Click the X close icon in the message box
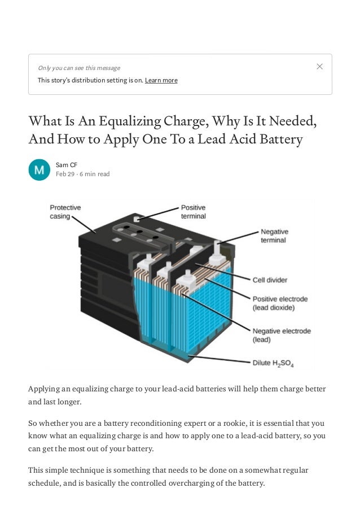pos(319,67)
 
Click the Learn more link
pos(161,80)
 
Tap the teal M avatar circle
pos(39,169)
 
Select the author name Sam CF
pos(67,165)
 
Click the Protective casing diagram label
pos(65,212)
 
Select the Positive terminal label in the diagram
pos(194,212)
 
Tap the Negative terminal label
pos(274,236)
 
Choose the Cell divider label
pos(270,280)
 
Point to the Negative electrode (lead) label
pos(282,335)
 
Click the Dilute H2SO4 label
pos(273,363)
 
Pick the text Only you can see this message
pos(79,68)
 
